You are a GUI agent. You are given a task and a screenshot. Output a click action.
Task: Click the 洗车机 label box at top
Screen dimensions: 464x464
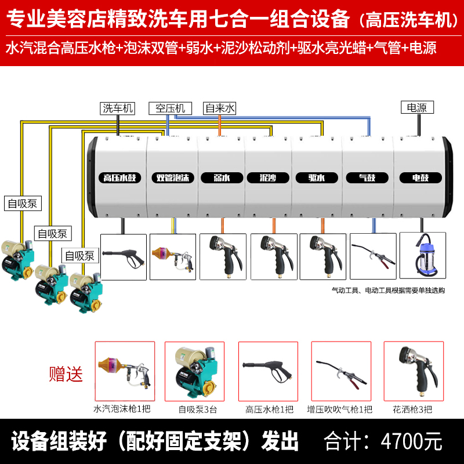click(x=118, y=108)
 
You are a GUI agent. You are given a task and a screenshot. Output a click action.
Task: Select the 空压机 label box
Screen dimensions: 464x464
click(x=169, y=108)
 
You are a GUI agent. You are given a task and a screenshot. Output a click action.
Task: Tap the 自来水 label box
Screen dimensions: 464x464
click(x=219, y=108)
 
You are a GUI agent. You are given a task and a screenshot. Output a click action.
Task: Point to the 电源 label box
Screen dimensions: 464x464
click(x=416, y=107)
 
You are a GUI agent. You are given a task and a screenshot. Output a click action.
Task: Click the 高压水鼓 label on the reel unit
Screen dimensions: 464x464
click(x=119, y=178)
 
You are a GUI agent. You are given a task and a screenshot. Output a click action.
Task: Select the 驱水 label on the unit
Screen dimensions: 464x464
click(x=316, y=178)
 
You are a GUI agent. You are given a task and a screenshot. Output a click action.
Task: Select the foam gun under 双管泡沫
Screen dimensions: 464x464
click(x=173, y=256)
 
